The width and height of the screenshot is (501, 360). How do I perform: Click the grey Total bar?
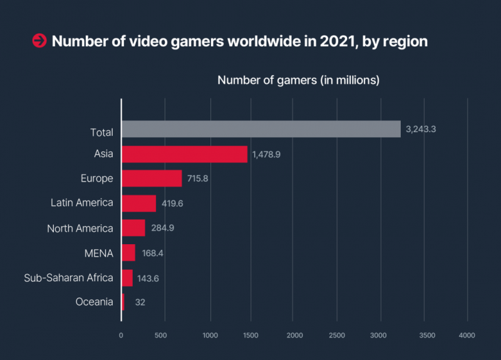coord(261,129)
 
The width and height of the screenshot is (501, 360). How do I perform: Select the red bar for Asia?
coord(184,154)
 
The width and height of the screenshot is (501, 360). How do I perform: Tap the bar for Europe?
coord(152,178)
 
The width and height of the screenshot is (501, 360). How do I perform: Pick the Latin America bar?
coord(138,203)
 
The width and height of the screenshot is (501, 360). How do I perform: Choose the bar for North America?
coord(133,228)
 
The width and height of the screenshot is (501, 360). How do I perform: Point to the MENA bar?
coord(128,253)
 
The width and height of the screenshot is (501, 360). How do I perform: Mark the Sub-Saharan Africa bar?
coord(127,278)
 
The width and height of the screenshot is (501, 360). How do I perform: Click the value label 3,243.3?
coord(421,130)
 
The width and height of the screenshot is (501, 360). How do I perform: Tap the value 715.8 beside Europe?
coord(197,179)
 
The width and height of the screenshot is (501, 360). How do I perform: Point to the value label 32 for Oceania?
coord(140,302)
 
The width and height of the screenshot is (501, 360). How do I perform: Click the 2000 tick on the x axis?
coord(294,336)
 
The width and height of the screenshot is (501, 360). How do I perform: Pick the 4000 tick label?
coord(467,336)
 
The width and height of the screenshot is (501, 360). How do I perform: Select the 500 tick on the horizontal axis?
coord(161,336)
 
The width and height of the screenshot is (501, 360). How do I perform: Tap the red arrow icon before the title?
coord(39,41)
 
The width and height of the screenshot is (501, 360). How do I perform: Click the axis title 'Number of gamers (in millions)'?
coord(298,81)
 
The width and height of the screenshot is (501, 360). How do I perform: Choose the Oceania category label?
coord(95,302)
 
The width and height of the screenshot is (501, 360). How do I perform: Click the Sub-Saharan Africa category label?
coord(68,278)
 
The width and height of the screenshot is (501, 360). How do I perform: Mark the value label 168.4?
coord(153,253)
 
